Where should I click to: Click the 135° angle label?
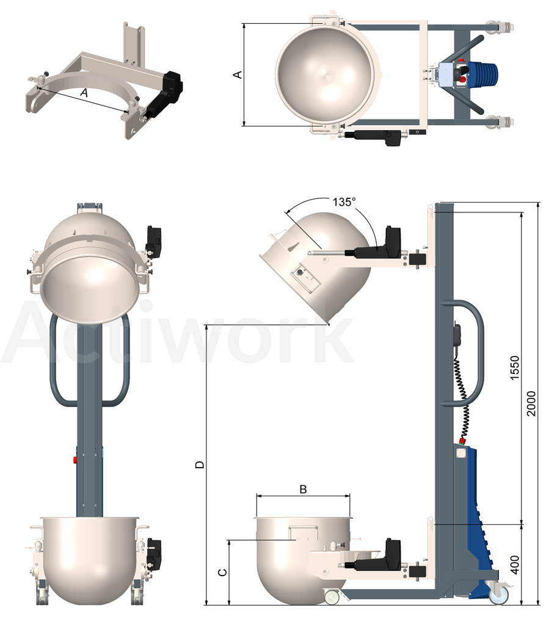point(344,202)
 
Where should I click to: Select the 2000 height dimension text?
point(531,403)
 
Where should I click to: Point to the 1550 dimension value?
point(515,367)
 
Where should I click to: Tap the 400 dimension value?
point(515,565)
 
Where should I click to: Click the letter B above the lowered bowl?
point(304,489)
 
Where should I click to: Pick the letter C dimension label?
point(223,573)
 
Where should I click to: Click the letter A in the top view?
point(238,74)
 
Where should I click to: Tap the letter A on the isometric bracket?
point(84,93)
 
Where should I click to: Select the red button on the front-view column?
point(75,460)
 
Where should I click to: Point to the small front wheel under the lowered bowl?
point(332,597)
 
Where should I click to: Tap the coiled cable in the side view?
point(463,398)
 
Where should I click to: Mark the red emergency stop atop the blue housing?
point(463,441)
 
